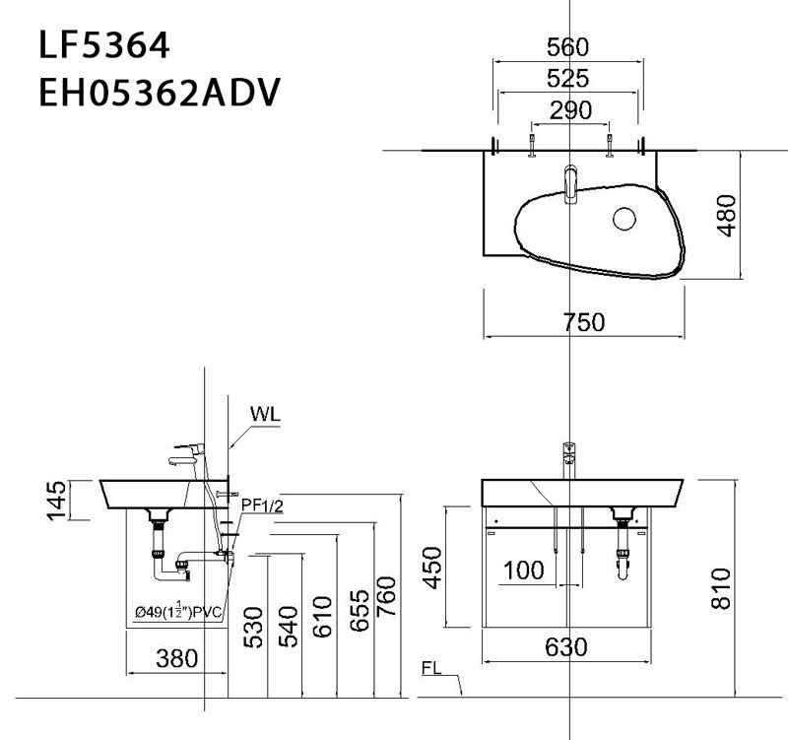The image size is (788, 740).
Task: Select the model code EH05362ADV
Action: (159, 96)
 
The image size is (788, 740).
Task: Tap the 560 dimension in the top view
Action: (568, 46)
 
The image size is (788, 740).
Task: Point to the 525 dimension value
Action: (568, 79)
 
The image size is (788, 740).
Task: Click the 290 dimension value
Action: (570, 110)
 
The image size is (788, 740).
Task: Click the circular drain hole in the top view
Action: (624, 219)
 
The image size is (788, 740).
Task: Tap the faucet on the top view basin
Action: (570, 183)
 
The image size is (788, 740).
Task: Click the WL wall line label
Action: (265, 414)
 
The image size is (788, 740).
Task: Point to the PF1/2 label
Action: (263, 505)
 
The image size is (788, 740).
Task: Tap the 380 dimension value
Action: (177, 657)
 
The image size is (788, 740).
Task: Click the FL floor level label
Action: (430, 667)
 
